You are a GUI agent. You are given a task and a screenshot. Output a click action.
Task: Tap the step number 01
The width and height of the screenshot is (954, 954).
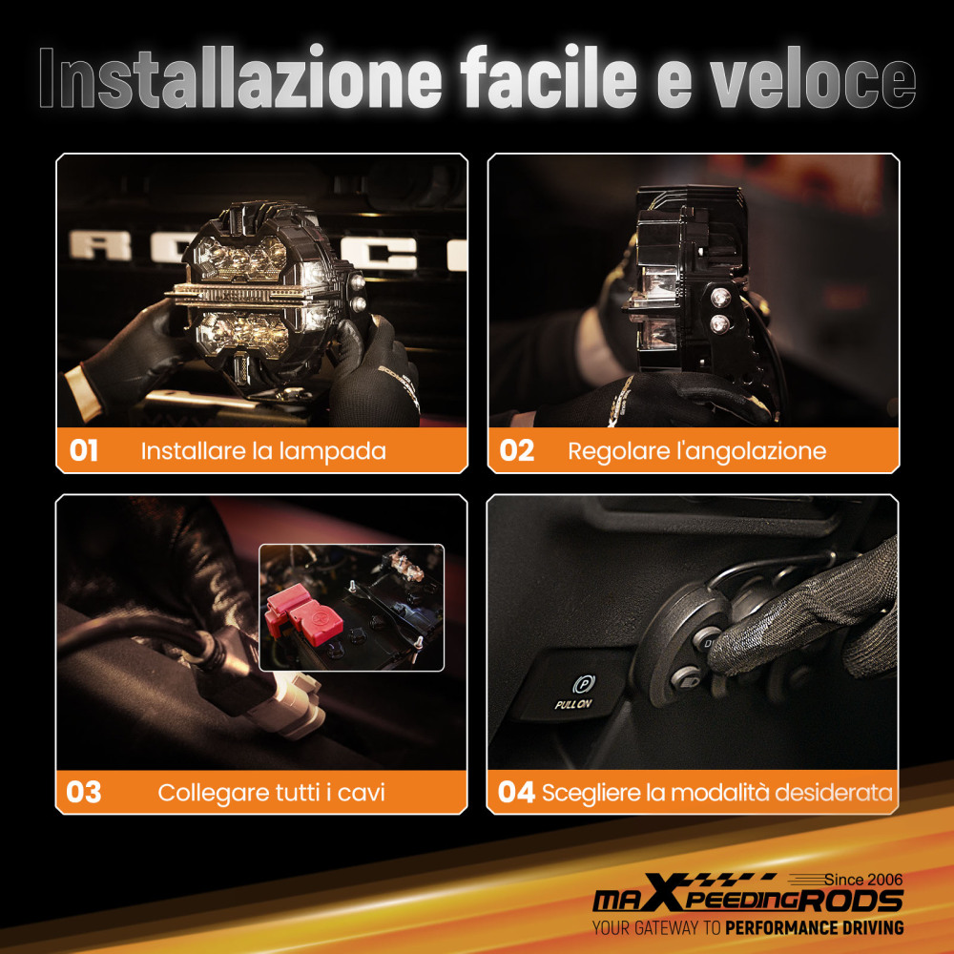point(84,450)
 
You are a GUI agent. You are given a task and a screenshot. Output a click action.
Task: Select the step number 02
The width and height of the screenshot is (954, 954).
point(516,450)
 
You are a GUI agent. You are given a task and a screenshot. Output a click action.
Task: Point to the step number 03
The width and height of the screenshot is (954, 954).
point(84,792)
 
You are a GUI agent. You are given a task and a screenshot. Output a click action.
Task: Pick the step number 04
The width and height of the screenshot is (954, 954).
point(516,792)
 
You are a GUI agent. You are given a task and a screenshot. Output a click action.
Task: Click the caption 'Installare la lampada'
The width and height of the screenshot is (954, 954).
point(263,450)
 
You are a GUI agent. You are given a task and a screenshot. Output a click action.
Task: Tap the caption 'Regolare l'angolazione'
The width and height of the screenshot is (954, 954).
point(696,450)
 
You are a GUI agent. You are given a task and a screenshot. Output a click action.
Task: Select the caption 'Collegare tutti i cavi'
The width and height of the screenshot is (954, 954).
point(271,792)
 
